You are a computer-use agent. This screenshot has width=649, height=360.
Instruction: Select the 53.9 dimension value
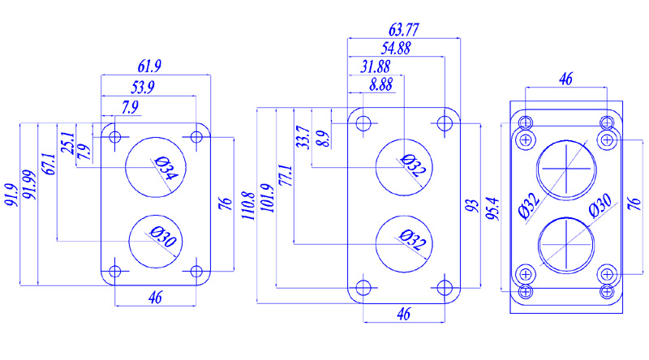146,87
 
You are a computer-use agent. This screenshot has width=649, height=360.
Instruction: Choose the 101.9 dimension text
269,199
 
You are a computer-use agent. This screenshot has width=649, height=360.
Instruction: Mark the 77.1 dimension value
284,176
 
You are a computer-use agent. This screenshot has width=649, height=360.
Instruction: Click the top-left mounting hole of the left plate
115,135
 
